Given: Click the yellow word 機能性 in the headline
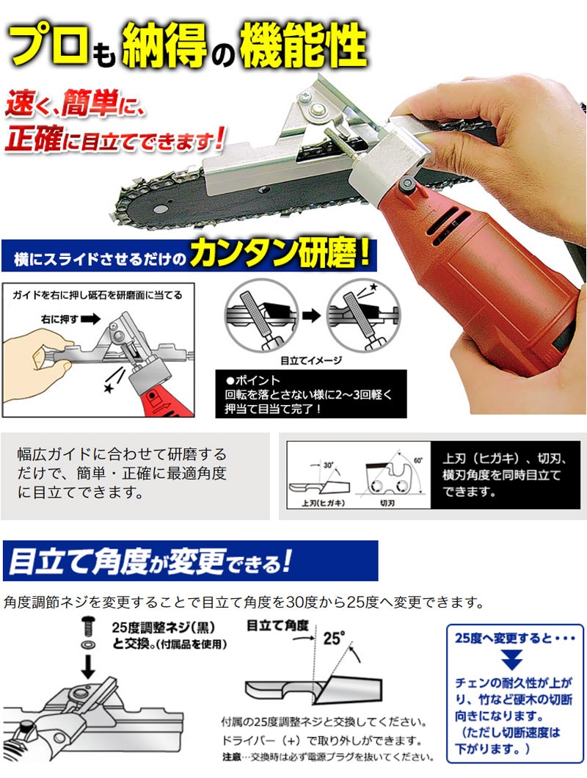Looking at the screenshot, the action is click(304, 46).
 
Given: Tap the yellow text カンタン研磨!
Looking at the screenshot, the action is click(280, 255).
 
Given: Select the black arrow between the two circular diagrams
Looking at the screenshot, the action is click(312, 316).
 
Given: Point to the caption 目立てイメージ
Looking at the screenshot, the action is click(311, 360).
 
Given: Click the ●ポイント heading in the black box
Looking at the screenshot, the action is click(252, 381).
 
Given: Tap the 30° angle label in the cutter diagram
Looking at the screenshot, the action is click(328, 465).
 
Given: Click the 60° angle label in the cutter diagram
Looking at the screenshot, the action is click(418, 460).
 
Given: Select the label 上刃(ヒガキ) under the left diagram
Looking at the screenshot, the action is click(323, 503).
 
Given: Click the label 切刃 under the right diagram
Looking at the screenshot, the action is click(387, 503).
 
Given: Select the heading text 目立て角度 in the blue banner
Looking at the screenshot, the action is click(79, 563).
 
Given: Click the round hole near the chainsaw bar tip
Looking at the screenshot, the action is click(160, 208).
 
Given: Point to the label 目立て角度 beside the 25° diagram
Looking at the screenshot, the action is click(277, 625).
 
